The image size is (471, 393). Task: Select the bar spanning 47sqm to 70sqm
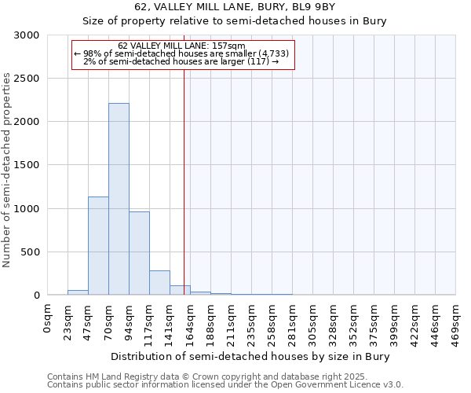pyautogui.click(x=98, y=245)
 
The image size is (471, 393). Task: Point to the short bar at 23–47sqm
pyautogui.click(x=78, y=292)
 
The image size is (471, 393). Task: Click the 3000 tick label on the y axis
pyautogui.click(x=26, y=35)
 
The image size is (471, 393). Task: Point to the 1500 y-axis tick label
pyautogui.click(x=26, y=165)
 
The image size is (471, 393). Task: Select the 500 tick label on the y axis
pyautogui.click(x=29, y=252)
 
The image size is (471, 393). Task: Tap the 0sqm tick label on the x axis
pyautogui.click(x=48, y=319)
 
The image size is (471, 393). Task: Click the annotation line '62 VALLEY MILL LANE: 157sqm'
pyautogui.click(x=181, y=46)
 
